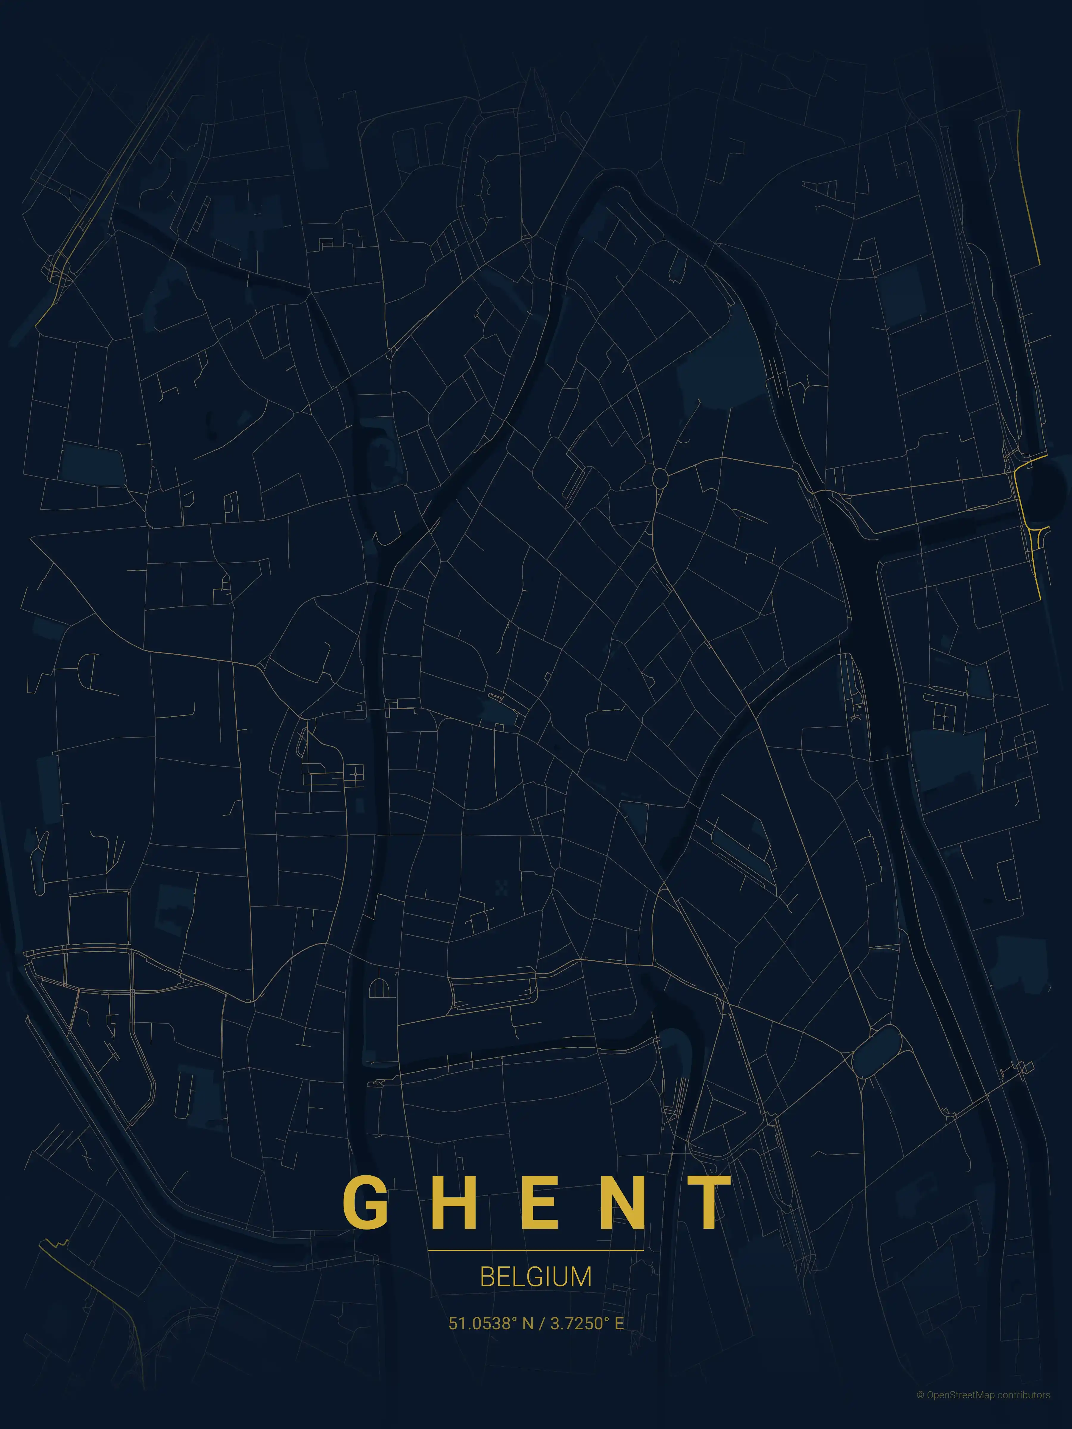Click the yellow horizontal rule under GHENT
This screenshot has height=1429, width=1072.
point(536,1250)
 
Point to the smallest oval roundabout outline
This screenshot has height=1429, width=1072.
point(660,478)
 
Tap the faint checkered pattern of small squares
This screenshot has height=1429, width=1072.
point(502,888)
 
